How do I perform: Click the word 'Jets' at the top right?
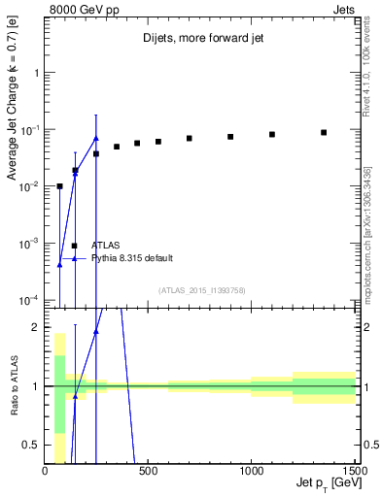tap(345, 9)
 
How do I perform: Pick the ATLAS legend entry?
tap(106, 246)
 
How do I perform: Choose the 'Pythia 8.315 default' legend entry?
tap(132, 258)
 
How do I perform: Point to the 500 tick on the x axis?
tap(149, 472)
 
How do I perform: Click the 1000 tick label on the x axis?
tap(251, 472)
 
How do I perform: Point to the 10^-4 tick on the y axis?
tap(27, 300)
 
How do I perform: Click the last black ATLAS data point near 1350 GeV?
tap(324, 132)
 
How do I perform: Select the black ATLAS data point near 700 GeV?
tap(190, 139)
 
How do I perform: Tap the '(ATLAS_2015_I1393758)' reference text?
tap(201, 290)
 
